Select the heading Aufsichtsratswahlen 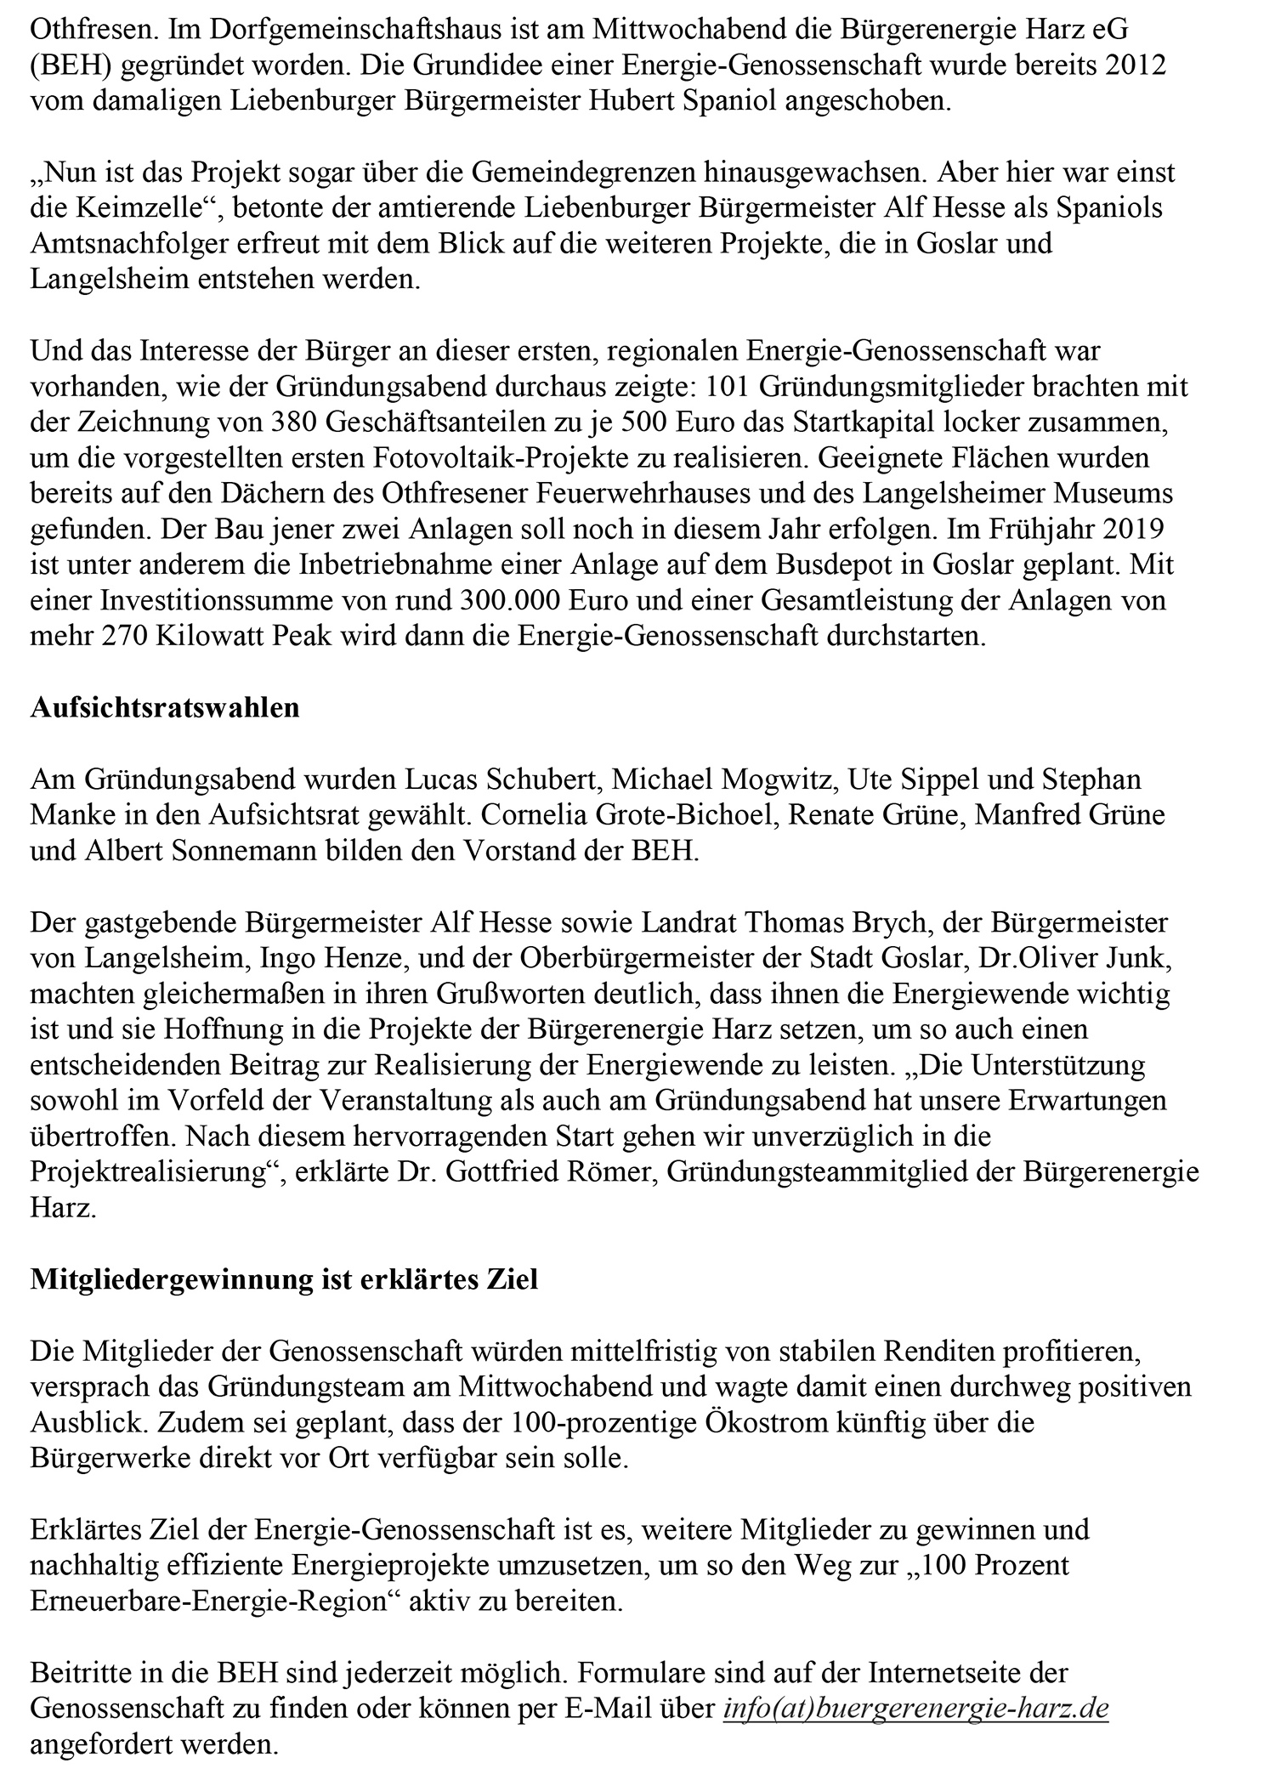click(x=165, y=708)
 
